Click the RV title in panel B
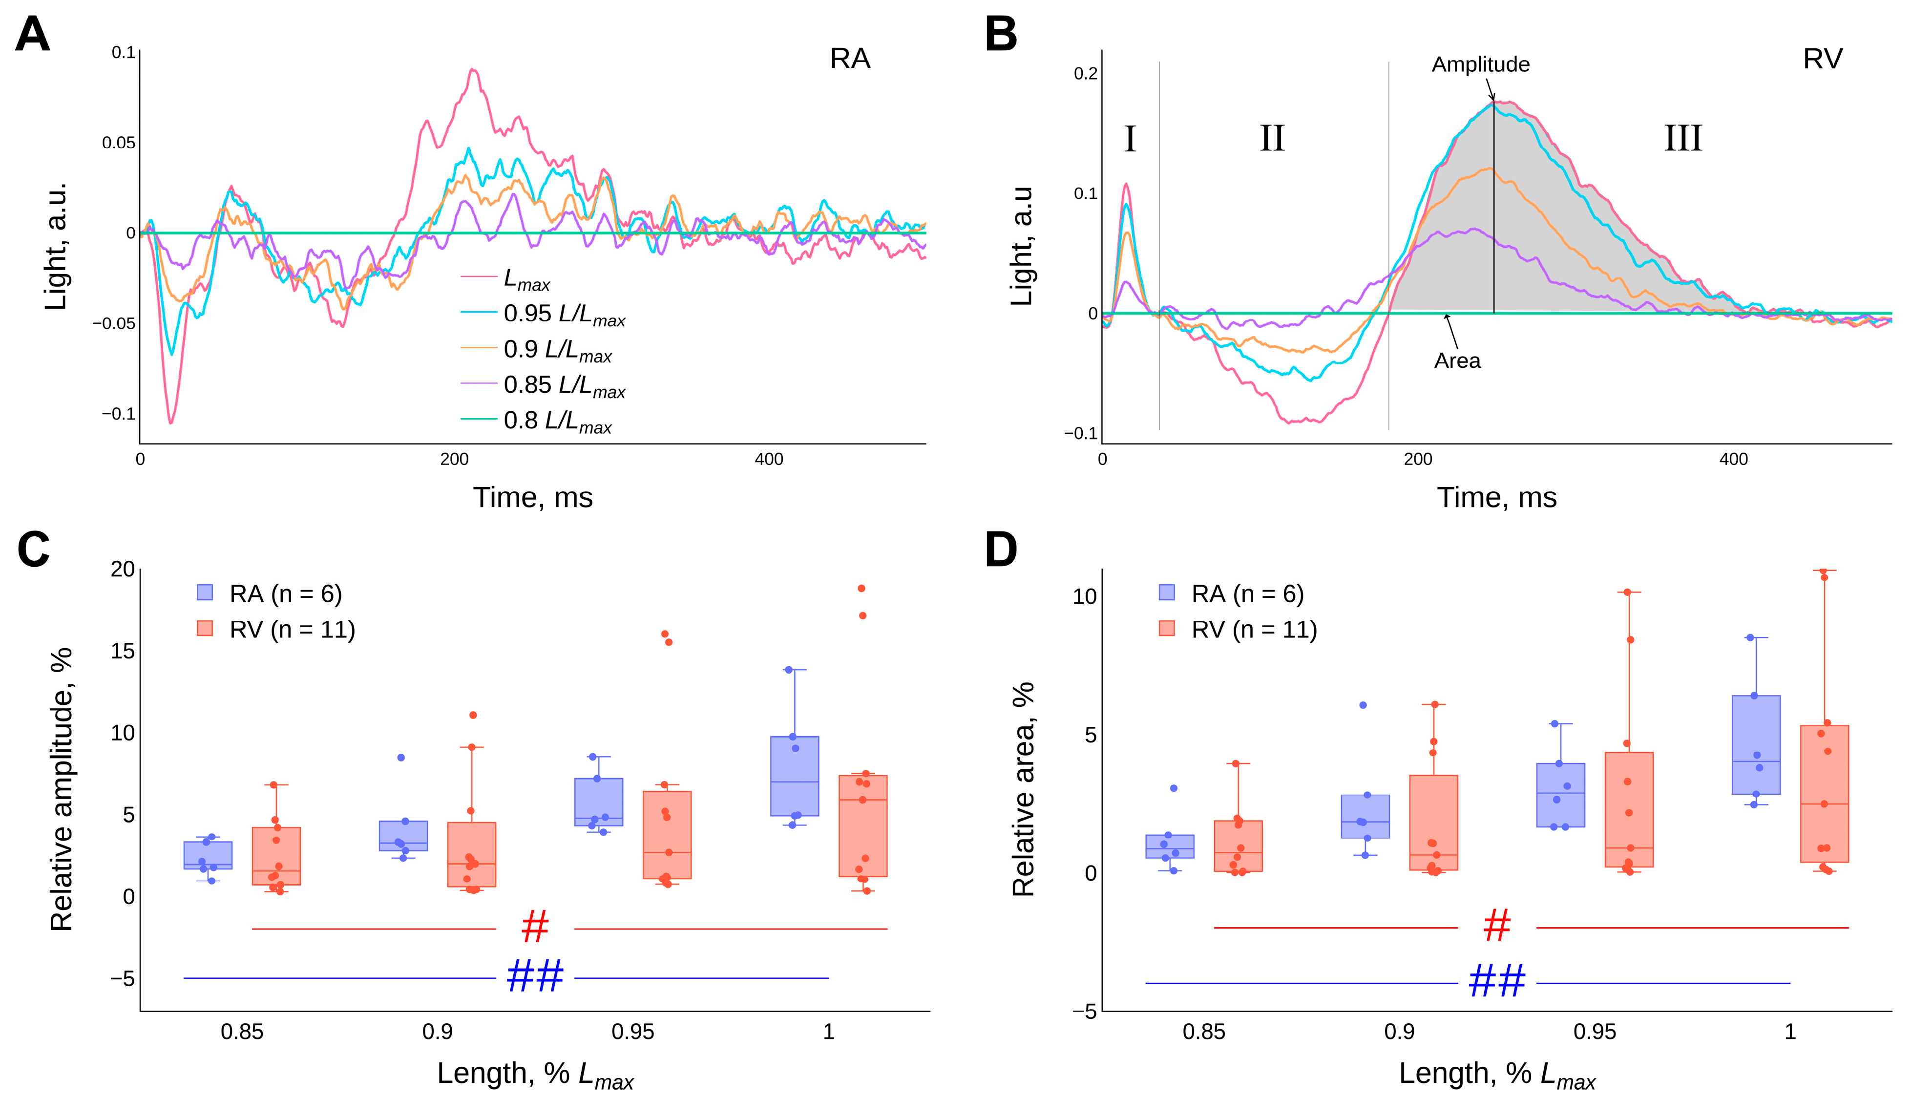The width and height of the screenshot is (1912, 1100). click(1822, 59)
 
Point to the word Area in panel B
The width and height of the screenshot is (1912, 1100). click(1457, 361)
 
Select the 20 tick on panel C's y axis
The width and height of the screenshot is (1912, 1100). click(123, 569)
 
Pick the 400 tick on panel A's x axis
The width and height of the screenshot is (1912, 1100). click(769, 459)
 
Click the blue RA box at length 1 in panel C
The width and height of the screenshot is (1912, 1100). click(795, 776)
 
